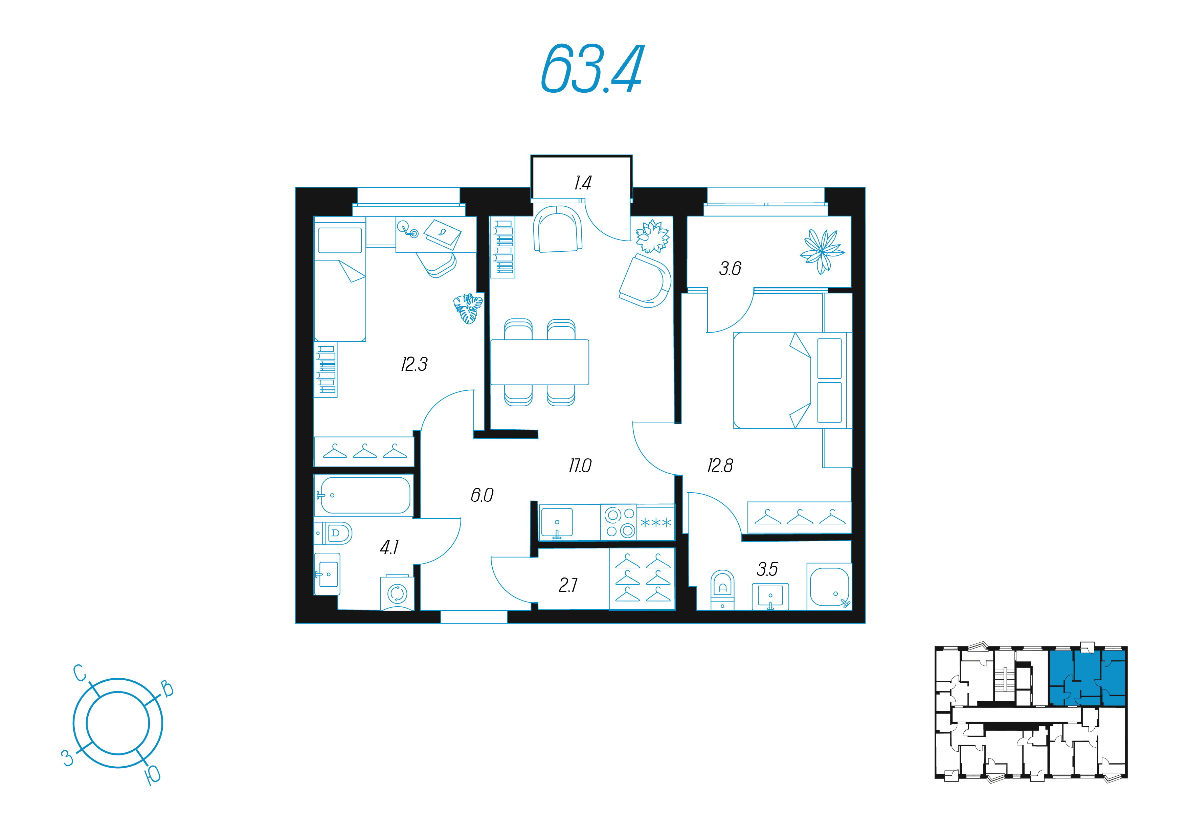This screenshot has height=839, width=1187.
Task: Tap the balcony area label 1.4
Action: coord(583,183)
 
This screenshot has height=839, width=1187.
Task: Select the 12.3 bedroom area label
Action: coord(414,364)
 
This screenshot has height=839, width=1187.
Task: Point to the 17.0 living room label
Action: coord(580,466)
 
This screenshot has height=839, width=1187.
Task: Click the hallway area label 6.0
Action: coord(482,495)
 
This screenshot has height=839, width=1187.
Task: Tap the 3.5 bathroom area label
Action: coord(767,569)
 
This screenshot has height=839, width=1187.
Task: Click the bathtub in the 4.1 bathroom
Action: coord(364,495)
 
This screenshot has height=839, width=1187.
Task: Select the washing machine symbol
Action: coord(397,593)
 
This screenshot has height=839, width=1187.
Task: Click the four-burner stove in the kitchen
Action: coord(619,523)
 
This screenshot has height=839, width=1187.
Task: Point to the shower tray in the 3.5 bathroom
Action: coord(829,587)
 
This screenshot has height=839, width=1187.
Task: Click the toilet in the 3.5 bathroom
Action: coord(722,590)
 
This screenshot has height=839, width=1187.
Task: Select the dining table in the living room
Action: coord(540,362)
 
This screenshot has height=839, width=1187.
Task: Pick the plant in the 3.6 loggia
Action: coord(822,252)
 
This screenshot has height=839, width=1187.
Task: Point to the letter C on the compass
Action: coord(79,673)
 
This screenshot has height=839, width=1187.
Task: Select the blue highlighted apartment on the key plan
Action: coord(1087,678)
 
